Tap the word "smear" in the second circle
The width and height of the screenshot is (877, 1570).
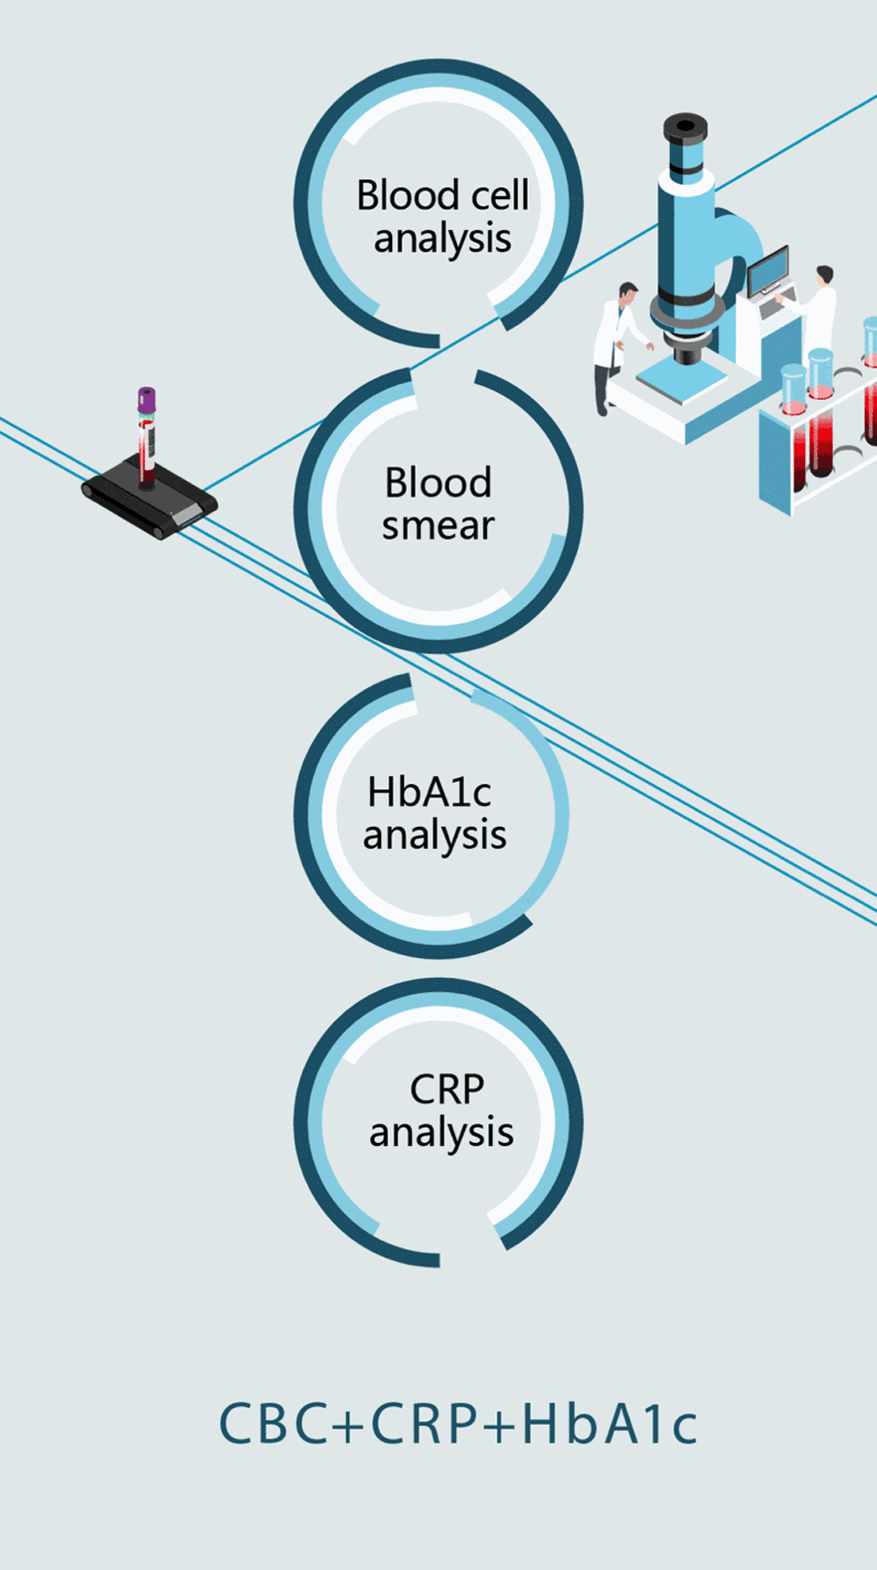point(438,526)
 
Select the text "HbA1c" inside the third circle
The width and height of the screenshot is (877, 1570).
point(429,792)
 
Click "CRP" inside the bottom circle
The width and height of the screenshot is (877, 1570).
point(446,1090)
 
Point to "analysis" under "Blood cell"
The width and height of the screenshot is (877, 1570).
point(442,239)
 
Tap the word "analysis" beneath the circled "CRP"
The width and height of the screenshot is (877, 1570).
point(441,1133)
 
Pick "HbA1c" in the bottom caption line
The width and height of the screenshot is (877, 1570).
point(610,1423)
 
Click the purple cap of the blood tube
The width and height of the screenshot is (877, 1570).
point(146,400)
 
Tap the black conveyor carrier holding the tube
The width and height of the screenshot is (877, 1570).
point(149,503)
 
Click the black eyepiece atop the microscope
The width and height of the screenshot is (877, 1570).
point(685,128)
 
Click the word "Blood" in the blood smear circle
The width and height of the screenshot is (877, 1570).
point(438,483)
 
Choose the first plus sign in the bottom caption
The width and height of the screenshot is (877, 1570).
point(347,1424)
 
